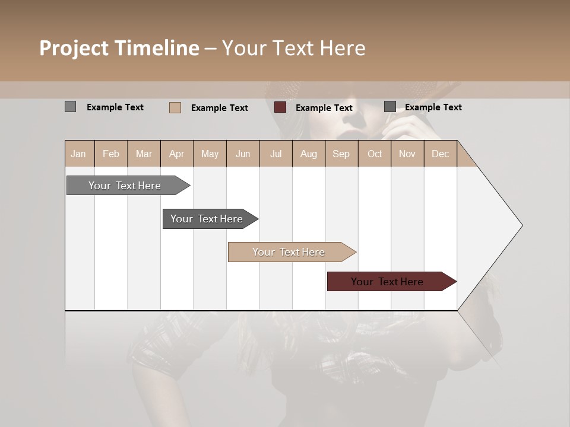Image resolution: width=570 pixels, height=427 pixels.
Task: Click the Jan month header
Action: click(x=78, y=154)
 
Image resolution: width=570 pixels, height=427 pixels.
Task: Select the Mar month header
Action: click(x=144, y=154)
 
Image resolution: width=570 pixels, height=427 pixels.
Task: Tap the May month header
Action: click(x=210, y=154)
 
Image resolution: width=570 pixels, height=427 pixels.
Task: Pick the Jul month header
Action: click(x=275, y=154)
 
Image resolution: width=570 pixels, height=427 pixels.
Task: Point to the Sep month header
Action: click(x=341, y=154)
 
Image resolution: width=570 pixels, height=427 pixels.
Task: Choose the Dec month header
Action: click(x=440, y=154)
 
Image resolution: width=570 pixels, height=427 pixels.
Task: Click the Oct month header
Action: click(x=375, y=154)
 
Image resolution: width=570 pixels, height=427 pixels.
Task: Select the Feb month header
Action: click(x=111, y=154)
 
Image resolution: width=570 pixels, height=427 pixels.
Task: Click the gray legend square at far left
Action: click(x=70, y=107)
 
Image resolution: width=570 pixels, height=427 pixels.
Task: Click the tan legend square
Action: click(x=175, y=107)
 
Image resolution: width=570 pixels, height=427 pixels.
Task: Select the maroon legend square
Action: click(x=280, y=107)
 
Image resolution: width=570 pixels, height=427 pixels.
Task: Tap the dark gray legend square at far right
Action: click(x=389, y=107)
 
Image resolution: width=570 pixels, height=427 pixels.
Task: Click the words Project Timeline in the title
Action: click(x=119, y=48)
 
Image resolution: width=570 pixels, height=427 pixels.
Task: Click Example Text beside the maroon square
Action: click(x=324, y=108)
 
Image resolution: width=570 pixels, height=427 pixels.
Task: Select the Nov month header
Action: click(x=407, y=154)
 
